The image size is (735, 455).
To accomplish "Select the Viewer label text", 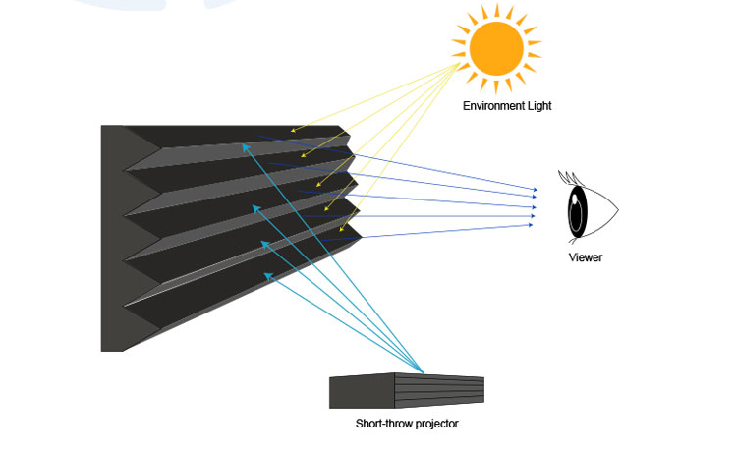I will click(586, 257).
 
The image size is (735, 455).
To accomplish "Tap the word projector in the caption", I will click(432, 424).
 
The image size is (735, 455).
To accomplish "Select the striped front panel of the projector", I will click(438, 391).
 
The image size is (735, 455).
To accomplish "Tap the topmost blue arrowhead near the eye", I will click(535, 189).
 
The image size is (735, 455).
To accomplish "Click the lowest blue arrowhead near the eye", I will click(531, 225).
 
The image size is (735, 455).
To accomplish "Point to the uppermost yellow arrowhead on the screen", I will click(293, 130).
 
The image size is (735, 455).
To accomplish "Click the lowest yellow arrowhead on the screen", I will click(342, 230).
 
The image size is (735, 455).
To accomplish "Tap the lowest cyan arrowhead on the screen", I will click(269, 276).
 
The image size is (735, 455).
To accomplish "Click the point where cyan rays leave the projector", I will click(424, 372).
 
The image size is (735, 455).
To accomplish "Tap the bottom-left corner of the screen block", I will click(102, 350).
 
